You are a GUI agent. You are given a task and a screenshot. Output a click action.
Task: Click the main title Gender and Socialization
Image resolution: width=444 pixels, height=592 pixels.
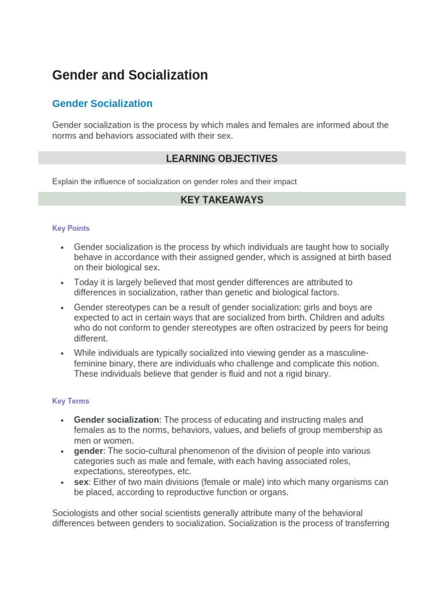(x=130, y=75)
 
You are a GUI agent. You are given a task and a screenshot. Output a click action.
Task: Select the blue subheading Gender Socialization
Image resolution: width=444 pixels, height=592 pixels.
(x=102, y=103)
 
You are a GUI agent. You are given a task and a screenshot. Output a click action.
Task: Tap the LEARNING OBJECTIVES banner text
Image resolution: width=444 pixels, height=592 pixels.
(x=221, y=158)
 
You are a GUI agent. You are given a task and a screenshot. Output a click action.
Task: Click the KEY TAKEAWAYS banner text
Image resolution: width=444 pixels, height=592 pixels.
(x=221, y=200)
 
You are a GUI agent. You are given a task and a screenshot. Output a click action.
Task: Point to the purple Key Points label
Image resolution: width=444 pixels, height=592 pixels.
(x=71, y=228)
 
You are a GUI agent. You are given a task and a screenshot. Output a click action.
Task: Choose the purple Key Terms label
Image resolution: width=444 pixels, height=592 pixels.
(x=71, y=401)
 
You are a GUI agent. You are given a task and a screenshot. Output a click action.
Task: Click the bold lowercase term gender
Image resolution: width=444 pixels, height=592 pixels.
(x=88, y=451)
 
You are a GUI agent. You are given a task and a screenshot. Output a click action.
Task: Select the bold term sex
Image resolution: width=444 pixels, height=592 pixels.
(x=81, y=482)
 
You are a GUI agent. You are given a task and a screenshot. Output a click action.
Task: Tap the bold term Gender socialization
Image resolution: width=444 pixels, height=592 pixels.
(x=116, y=420)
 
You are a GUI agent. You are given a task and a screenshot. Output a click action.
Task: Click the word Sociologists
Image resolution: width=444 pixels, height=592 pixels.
(x=78, y=513)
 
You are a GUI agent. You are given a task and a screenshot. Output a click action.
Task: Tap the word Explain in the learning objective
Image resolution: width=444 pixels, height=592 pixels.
(x=65, y=182)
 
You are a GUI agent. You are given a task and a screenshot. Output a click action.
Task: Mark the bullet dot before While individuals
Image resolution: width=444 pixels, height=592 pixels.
(x=62, y=354)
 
